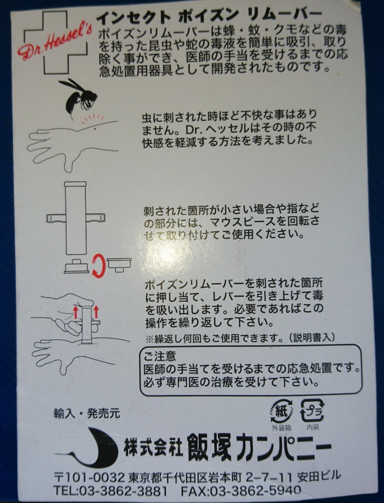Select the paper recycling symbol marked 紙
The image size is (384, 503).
282,411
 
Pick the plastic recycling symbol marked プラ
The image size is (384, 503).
312,411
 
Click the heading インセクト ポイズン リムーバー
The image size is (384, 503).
209,16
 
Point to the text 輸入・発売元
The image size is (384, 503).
87,414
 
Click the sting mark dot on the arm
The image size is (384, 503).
95,129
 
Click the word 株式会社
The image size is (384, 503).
152,448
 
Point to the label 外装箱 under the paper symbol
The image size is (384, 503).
282,428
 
